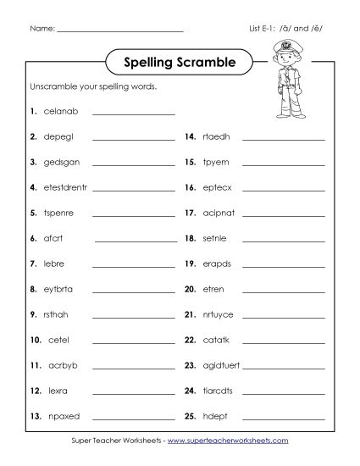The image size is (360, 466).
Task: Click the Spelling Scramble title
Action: (x=179, y=62)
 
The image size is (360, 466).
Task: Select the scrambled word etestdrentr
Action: (x=65, y=187)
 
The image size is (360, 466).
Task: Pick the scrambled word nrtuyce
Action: (x=218, y=314)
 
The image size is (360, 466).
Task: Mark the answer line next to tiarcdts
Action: (x=284, y=393)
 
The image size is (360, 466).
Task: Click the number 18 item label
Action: (x=190, y=238)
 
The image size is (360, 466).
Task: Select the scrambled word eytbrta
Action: (x=58, y=289)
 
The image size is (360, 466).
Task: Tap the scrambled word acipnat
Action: (x=219, y=213)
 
